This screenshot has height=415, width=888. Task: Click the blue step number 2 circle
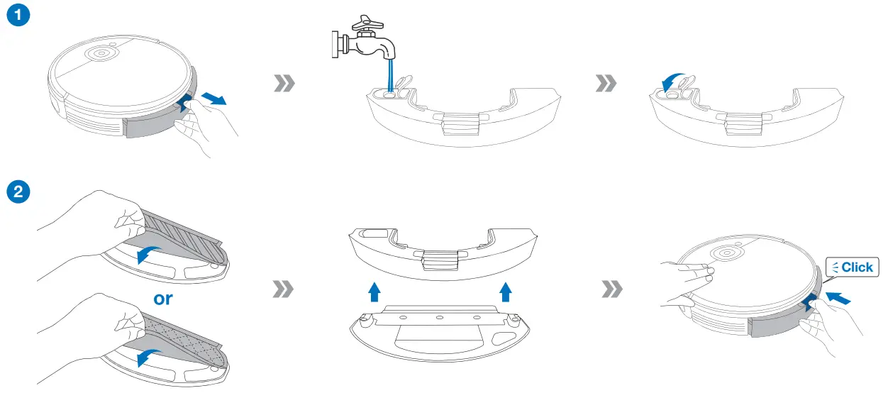pyautogui.click(x=18, y=191)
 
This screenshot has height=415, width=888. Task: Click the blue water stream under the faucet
pyautogui.click(x=390, y=74)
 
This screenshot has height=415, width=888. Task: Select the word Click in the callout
pyautogui.click(x=857, y=267)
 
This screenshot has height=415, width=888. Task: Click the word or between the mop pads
pyautogui.click(x=164, y=299)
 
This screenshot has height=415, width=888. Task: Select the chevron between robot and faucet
pyautogui.click(x=284, y=84)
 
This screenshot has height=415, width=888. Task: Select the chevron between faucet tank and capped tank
pyautogui.click(x=606, y=84)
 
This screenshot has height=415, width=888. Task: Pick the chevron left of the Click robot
pyautogui.click(x=611, y=289)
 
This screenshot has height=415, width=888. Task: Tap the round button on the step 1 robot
pyautogui.click(x=101, y=53)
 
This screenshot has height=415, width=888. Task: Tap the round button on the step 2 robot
pyautogui.click(x=726, y=253)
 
